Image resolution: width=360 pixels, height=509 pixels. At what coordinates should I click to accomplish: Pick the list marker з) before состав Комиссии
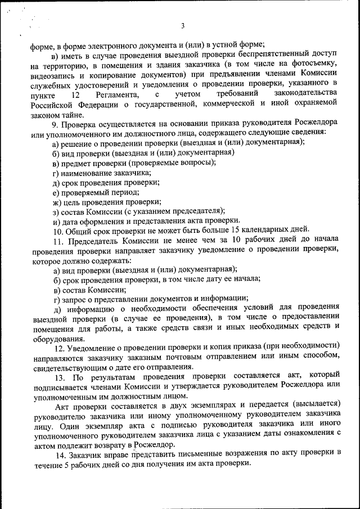coord(55,211)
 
